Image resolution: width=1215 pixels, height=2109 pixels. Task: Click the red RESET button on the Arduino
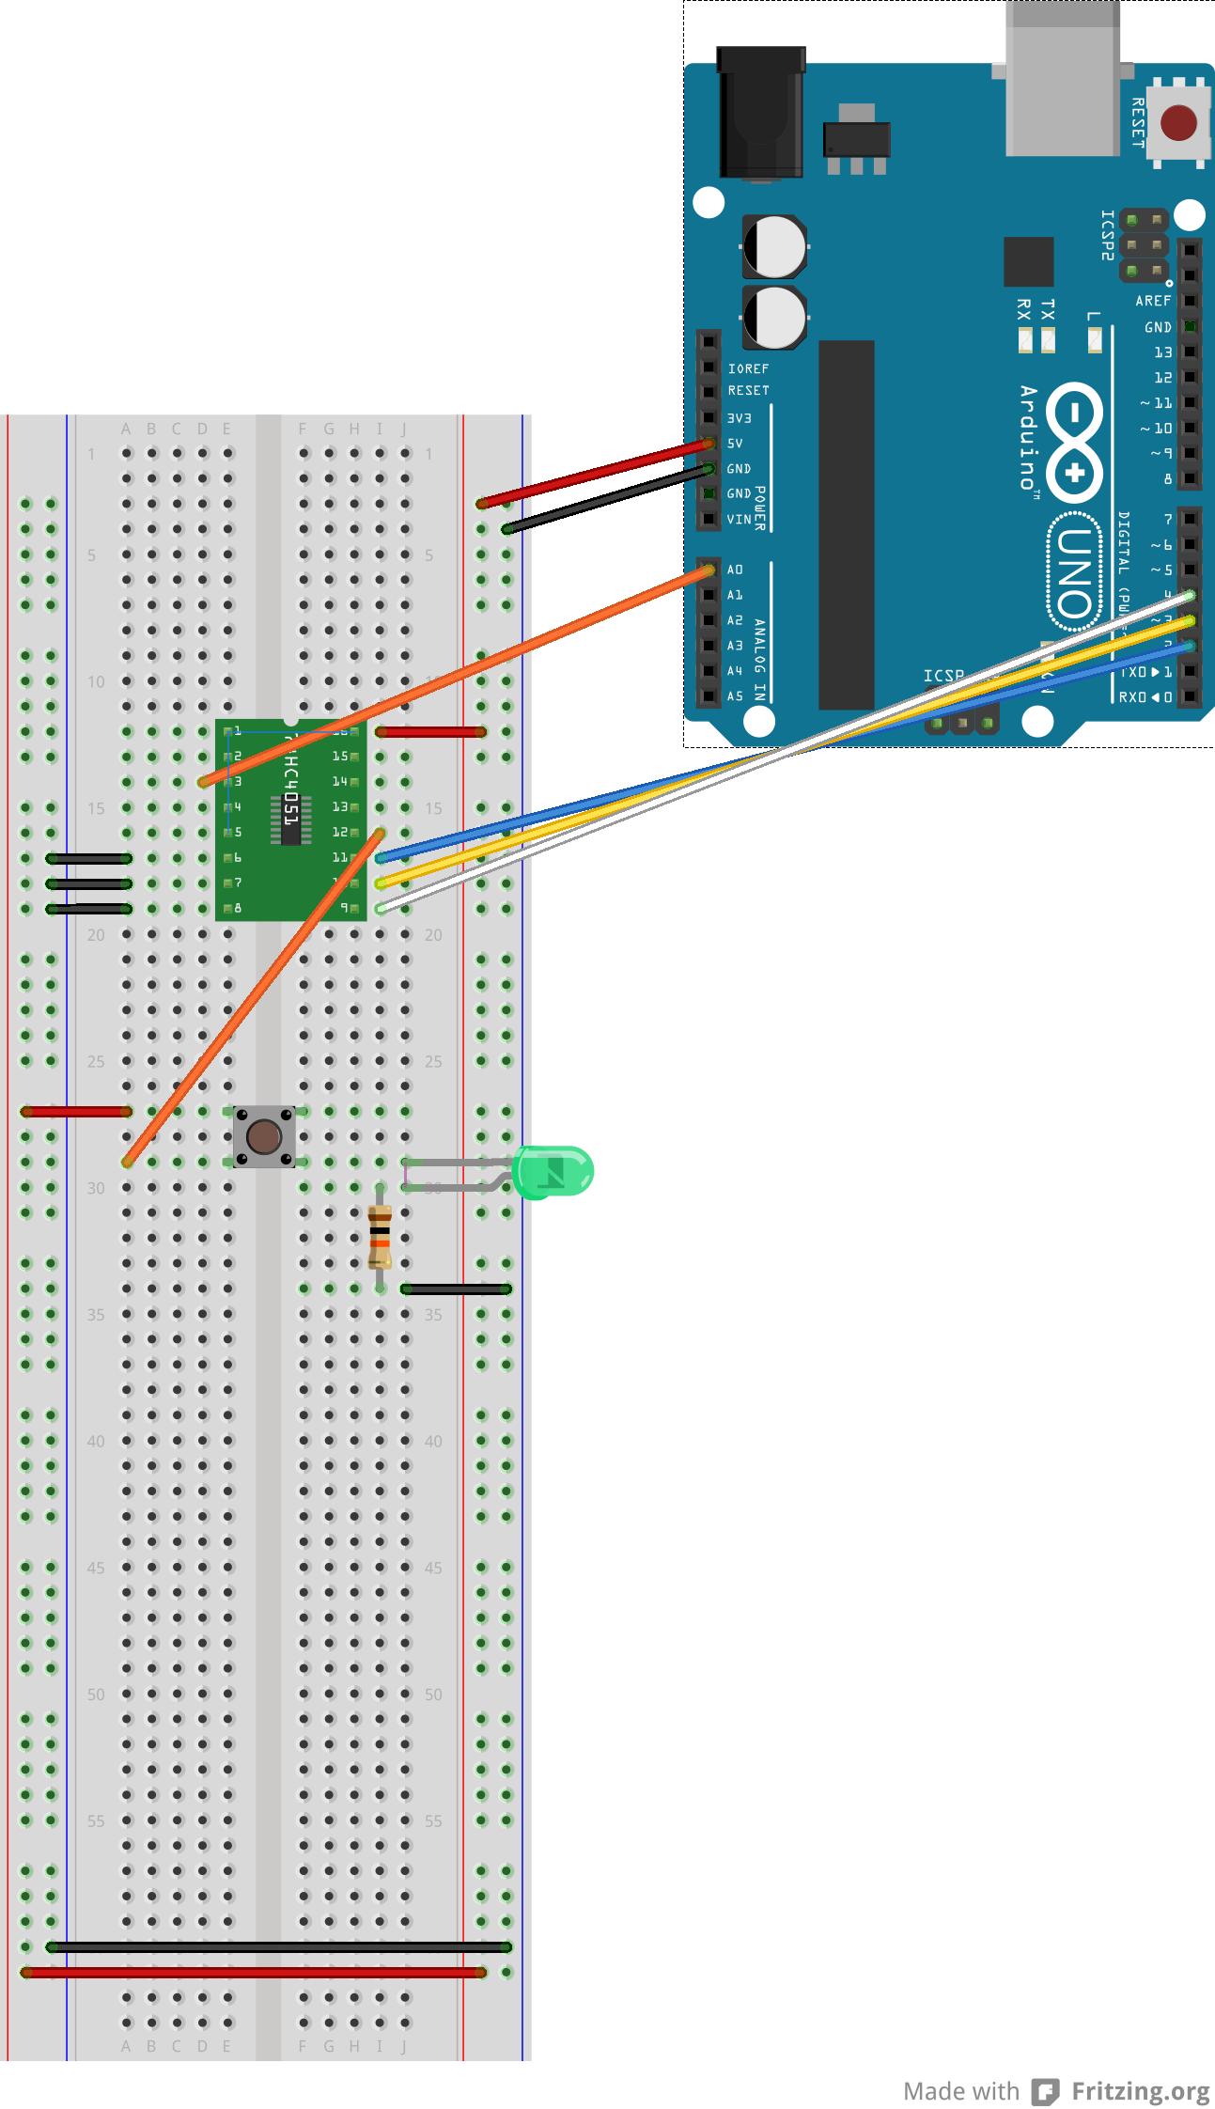(x=1178, y=122)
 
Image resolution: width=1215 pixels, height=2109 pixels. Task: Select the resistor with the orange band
(x=380, y=1236)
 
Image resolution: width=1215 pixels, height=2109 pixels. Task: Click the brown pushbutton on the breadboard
(x=264, y=1136)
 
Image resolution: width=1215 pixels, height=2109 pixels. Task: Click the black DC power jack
(x=761, y=113)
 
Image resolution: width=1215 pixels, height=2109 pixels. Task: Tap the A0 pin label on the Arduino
(x=735, y=570)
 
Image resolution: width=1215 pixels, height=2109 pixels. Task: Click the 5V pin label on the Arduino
(x=735, y=443)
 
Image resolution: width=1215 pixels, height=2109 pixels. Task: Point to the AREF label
(x=1153, y=301)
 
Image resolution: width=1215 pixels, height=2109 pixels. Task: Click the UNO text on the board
(x=1075, y=573)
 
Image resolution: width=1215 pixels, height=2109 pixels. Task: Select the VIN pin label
(x=739, y=519)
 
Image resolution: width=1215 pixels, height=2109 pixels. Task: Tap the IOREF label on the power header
(x=748, y=368)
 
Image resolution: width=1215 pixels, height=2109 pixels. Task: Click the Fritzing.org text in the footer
(x=1140, y=2091)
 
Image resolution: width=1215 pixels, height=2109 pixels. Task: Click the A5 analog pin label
(x=735, y=696)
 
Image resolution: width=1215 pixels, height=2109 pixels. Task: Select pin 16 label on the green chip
(x=340, y=731)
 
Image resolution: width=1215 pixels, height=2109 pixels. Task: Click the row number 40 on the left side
(x=96, y=1441)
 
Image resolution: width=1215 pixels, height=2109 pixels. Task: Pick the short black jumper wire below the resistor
(x=457, y=1289)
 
